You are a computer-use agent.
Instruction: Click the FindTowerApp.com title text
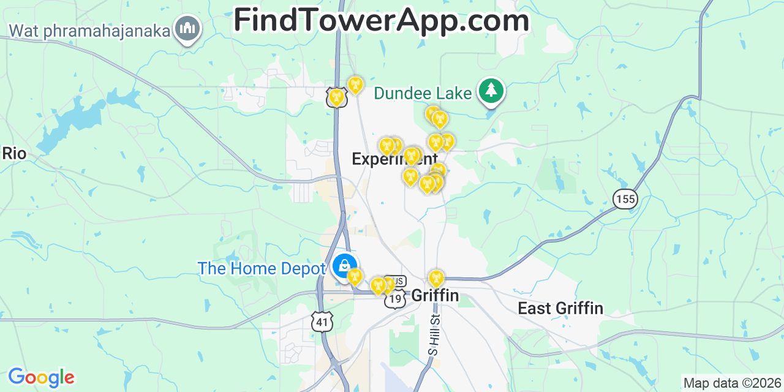click(x=381, y=21)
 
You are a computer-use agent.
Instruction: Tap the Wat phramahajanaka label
click(x=89, y=30)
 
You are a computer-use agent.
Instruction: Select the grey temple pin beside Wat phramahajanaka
click(x=187, y=28)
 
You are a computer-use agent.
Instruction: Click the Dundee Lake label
click(x=423, y=93)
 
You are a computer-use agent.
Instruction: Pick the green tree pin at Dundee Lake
click(x=491, y=91)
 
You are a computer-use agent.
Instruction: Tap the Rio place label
click(x=14, y=153)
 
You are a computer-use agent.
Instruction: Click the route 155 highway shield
click(x=625, y=198)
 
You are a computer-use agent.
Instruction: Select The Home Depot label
click(x=262, y=268)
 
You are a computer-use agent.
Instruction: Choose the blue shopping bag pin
click(x=344, y=265)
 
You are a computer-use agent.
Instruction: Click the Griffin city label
click(x=435, y=295)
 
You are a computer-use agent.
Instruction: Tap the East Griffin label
click(x=560, y=308)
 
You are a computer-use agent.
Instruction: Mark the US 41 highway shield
click(x=322, y=322)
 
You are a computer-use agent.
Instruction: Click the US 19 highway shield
click(x=395, y=299)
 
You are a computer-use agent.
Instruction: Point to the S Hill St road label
click(x=434, y=334)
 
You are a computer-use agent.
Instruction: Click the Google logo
click(x=41, y=377)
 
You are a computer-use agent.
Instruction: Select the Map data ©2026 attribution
click(x=733, y=383)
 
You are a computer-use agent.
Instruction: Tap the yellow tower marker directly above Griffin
click(x=436, y=279)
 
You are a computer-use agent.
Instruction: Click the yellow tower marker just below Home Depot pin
click(x=354, y=276)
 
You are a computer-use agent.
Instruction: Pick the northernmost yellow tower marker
click(x=355, y=85)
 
